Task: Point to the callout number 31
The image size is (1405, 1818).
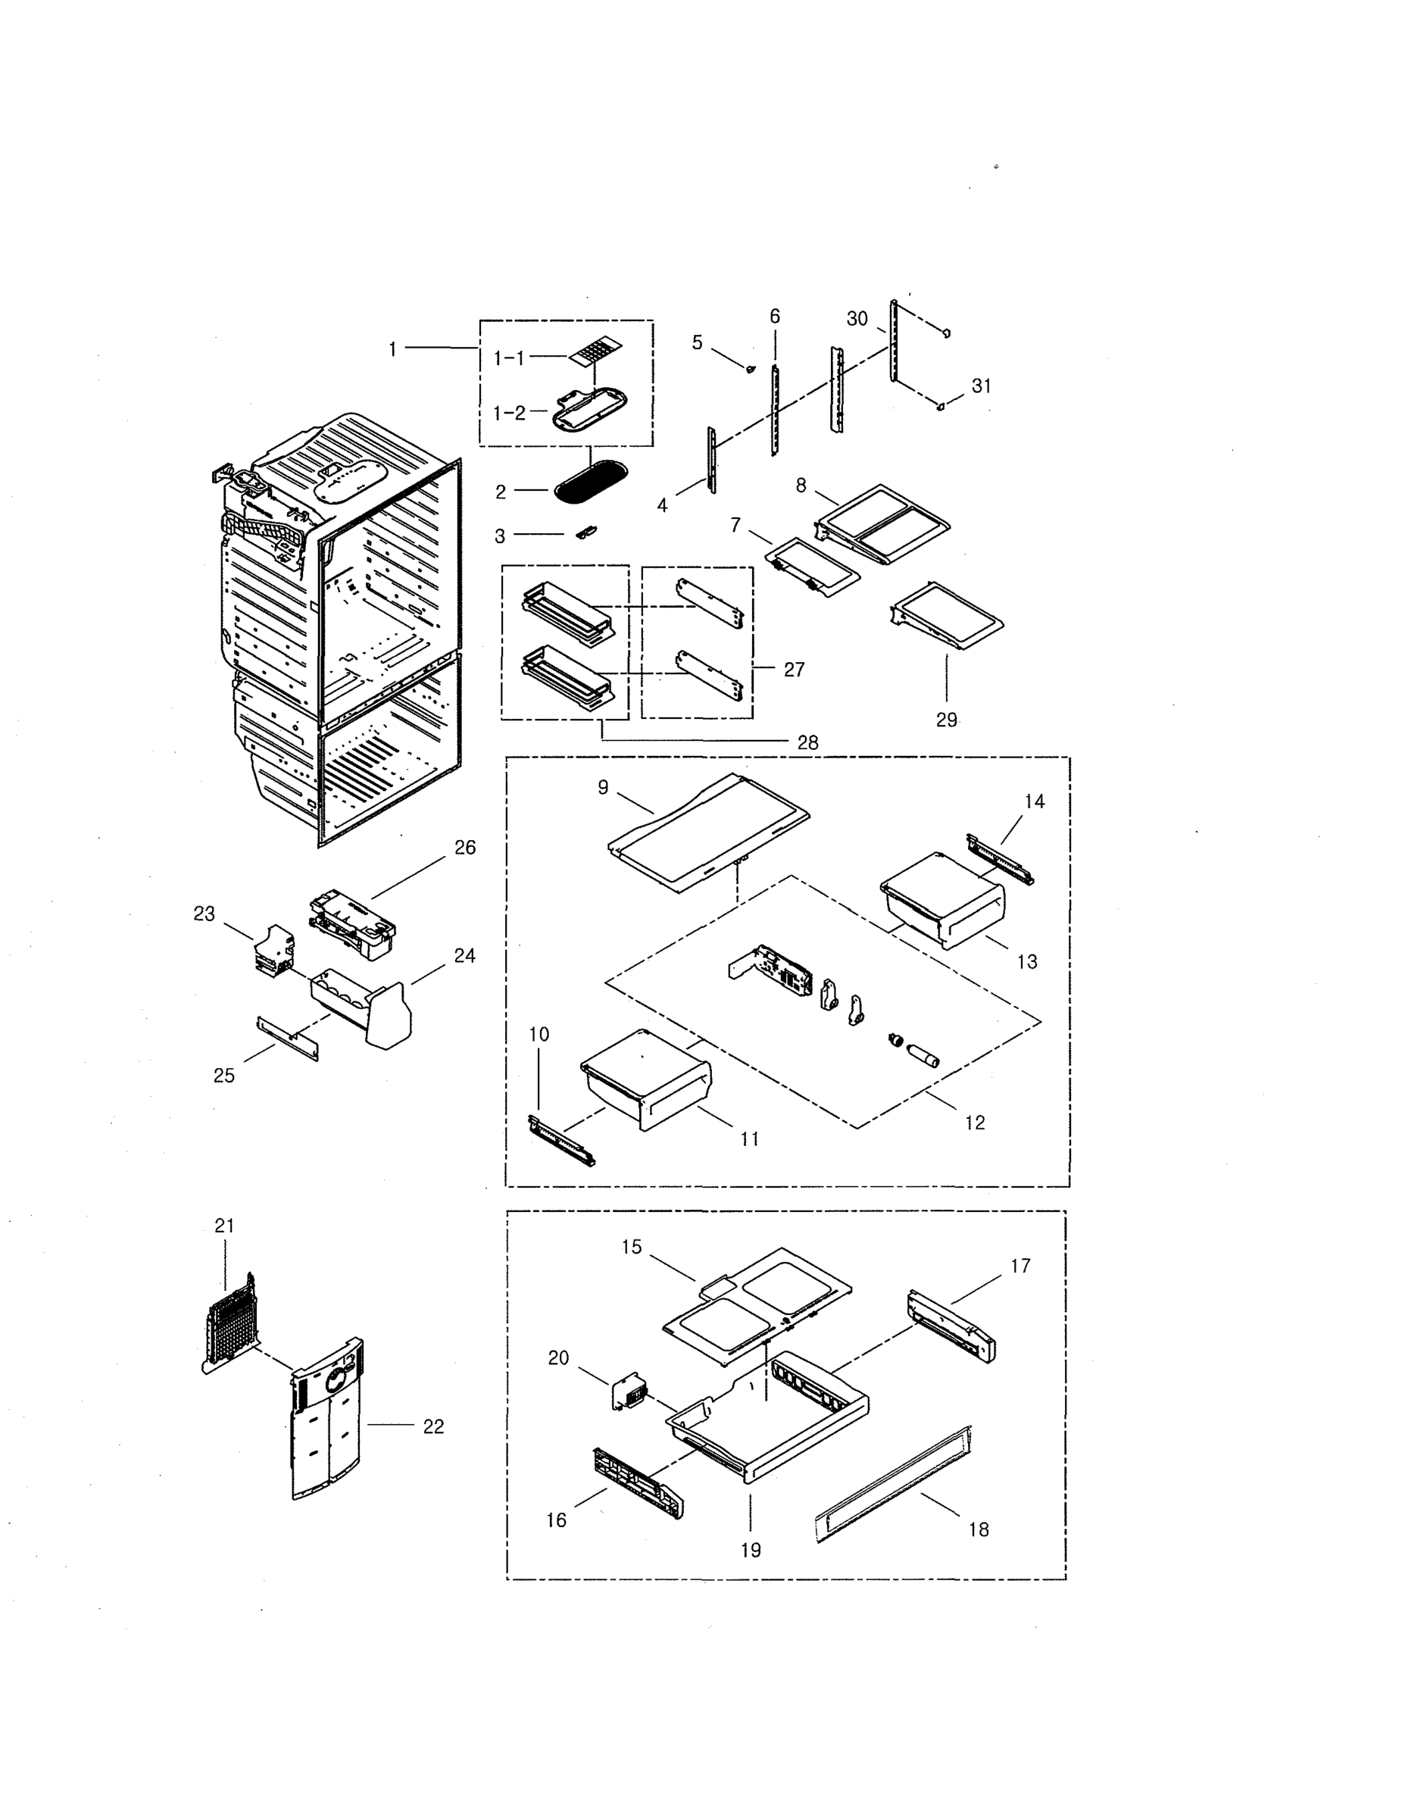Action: point(982,386)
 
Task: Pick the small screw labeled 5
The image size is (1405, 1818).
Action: point(751,368)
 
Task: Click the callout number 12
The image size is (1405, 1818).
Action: point(975,1122)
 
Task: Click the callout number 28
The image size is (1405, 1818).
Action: point(807,742)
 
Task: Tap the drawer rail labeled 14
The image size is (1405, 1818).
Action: point(1000,860)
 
